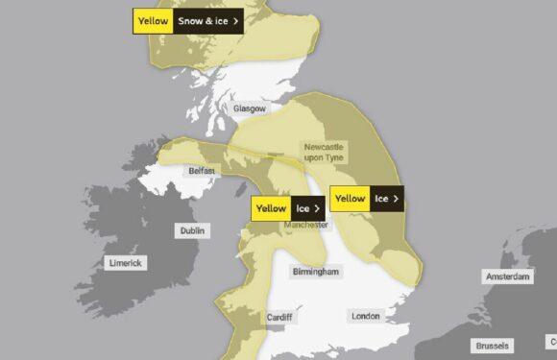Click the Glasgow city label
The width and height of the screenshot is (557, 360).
[250, 108]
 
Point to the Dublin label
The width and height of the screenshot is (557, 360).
[193, 230]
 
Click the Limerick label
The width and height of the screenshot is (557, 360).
[125, 262]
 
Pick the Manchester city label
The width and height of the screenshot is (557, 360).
[306, 225]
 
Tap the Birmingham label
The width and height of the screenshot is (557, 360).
[315, 272]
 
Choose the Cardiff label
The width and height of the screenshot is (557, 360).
[278, 317]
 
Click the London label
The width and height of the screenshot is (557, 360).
[365, 316]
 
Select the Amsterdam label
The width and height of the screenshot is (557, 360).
[508, 276]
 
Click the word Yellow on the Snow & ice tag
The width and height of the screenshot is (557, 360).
[153, 20]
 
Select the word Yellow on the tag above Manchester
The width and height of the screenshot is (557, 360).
[271, 208]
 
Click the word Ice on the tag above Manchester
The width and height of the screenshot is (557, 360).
[303, 208]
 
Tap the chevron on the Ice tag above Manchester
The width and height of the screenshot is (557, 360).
[317, 208]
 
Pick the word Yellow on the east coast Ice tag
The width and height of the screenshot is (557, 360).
[350, 199]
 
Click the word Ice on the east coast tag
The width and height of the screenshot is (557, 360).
[381, 199]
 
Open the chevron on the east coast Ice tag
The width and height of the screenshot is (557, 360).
[396, 199]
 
